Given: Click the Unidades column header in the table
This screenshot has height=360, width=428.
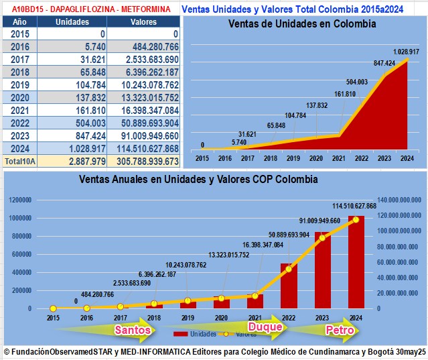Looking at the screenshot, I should point(72,21).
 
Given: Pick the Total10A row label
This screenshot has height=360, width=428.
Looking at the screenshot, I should point(19,161).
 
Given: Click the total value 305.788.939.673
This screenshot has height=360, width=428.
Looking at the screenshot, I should point(143,161).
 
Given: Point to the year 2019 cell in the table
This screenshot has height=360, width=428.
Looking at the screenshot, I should point(20,85).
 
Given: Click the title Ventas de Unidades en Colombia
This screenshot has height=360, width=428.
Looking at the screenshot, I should point(302,23).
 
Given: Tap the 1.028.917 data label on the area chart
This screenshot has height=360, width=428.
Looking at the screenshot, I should point(406,52).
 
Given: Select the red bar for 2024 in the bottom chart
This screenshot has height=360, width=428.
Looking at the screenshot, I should point(356,261).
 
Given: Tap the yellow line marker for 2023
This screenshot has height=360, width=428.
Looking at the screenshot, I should point(322,238).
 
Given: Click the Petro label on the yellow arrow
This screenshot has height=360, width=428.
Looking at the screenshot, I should point(339,330).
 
